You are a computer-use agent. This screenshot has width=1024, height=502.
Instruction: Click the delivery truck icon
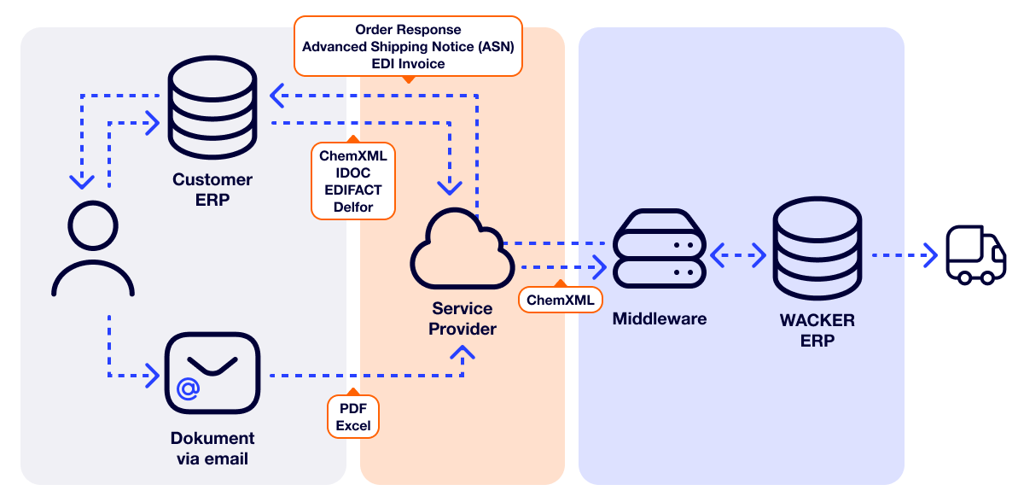(975, 255)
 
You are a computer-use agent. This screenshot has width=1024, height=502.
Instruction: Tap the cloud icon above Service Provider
(461, 252)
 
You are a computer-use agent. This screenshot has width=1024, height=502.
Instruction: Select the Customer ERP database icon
(212, 109)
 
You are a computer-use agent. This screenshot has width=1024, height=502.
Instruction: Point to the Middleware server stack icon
(659, 250)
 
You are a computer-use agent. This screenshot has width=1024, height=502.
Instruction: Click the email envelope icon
(212, 374)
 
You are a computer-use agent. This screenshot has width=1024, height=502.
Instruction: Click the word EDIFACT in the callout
(352, 190)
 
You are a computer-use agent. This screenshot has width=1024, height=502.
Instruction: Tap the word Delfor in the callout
(352, 207)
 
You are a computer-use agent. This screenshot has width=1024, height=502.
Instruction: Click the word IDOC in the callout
(352, 172)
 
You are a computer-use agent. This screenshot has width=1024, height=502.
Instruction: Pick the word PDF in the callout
(352, 408)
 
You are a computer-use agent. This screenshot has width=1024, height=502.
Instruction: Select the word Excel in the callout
(352, 425)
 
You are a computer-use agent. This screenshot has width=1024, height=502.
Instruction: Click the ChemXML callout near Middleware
(560, 300)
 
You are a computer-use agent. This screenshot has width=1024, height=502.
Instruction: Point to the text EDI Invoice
(408, 63)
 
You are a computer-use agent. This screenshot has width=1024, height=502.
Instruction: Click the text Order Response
(408, 30)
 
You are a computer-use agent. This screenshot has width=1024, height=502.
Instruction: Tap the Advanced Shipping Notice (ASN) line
(408, 46)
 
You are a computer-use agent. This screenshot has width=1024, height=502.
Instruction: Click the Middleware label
(660, 319)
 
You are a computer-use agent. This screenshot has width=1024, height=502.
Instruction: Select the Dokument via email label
(212, 448)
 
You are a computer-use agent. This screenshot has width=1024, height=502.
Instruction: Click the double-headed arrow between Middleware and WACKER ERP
(738, 254)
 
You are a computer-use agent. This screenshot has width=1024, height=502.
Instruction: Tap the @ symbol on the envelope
(189, 389)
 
